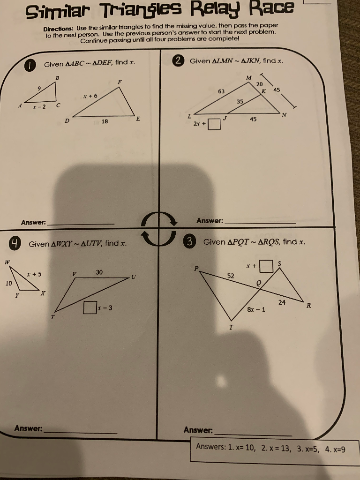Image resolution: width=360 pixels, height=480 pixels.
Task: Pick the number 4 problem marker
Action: click(x=16, y=243)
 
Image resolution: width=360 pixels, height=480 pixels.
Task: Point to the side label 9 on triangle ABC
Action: click(x=39, y=88)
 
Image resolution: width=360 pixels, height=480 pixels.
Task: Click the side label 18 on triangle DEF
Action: click(x=104, y=121)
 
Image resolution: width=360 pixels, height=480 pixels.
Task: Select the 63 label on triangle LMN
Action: click(x=221, y=91)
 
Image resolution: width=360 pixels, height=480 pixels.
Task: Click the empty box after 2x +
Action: click(x=214, y=125)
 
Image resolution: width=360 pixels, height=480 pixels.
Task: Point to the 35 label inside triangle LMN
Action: click(x=240, y=101)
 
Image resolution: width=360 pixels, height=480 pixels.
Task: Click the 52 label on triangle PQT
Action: click(x=231, y=276)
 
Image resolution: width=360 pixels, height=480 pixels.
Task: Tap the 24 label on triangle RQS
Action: click(x=282, y=302)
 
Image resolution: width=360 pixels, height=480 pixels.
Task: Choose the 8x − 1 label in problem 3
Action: click(x=256, y=309)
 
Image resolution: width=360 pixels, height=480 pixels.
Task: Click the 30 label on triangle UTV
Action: click(x=99, y=272)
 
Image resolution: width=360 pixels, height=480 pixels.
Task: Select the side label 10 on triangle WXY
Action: click(x=8, y=283)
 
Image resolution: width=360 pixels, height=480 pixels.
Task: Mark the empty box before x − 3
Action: click(x=89, y=308)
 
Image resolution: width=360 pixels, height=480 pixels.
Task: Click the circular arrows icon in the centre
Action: click(x=159, y=228)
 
